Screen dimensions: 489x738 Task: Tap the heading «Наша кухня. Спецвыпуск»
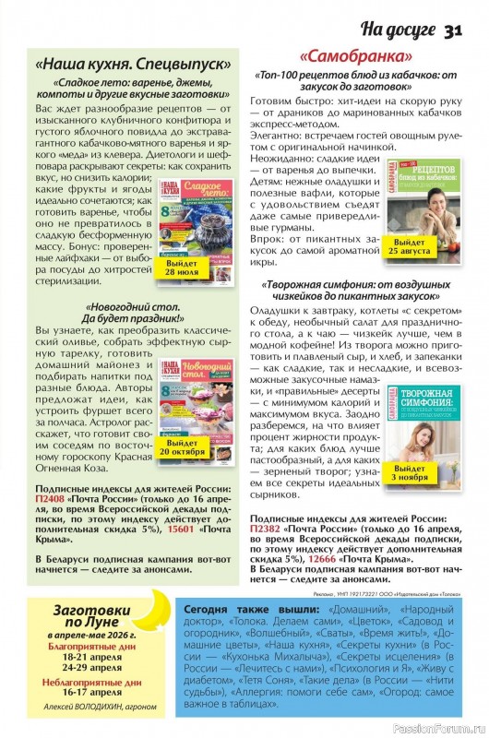[133, 66]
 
